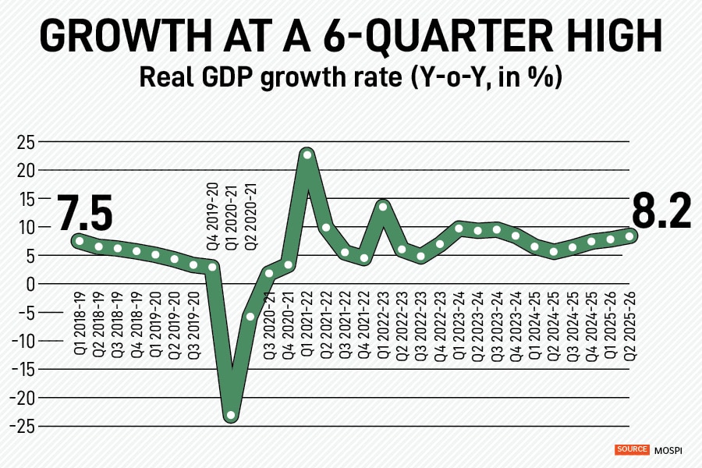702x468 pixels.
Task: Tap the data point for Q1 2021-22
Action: [x=307, y=154]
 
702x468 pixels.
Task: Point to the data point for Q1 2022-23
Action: [x=383, y=207]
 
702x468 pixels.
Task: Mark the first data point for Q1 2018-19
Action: [x=79, y=241]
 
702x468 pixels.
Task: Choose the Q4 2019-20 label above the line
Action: [x=212, y=213]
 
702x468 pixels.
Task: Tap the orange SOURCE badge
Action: [x=632, y=449]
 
